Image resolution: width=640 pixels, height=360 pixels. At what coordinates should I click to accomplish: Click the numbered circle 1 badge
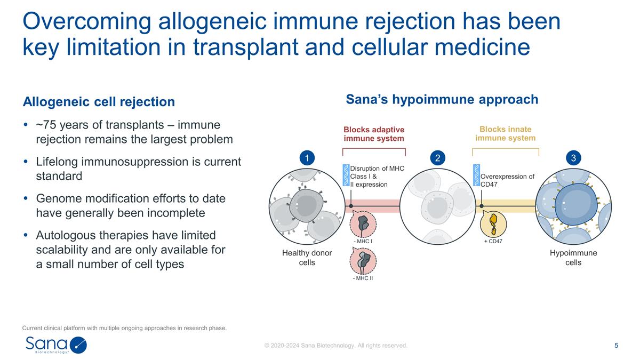(307, 158)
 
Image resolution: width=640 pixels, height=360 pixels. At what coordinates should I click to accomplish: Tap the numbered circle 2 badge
(437, 158)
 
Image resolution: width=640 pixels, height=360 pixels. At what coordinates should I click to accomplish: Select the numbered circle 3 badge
(573, 158)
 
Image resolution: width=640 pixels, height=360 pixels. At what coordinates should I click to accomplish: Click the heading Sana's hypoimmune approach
(442, 100)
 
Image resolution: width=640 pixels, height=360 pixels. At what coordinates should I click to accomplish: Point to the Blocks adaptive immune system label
(374, 134)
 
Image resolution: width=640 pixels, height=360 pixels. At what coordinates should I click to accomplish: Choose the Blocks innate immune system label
(505, 133)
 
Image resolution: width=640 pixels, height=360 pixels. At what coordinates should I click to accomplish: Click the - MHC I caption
(363, 242)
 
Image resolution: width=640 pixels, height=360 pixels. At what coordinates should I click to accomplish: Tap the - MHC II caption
(363, 278)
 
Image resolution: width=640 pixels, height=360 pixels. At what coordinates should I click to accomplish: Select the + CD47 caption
(493, 242)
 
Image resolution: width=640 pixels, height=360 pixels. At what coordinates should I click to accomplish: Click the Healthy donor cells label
(307, 258)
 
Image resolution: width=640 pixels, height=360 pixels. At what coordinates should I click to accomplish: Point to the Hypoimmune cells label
(573, 258)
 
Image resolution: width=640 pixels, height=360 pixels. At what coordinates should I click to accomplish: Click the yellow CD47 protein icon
(493, 223)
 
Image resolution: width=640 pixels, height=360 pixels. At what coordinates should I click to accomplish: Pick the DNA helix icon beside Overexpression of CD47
(476, 175)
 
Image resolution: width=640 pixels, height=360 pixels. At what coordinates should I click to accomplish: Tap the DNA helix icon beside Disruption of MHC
(346, 175)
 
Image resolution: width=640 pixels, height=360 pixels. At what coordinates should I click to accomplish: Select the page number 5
(617, 345)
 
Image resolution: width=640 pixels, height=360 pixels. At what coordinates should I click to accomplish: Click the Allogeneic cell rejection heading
(99, 101)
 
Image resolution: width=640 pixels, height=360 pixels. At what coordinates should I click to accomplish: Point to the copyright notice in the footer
(336, 346)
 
